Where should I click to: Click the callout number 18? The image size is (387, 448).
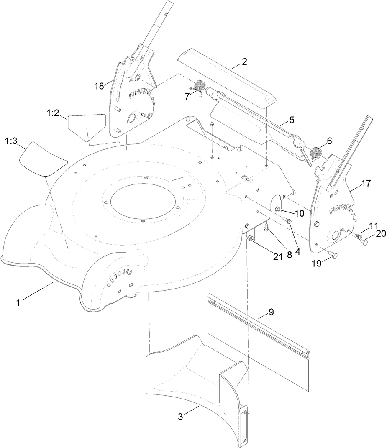pos(99,86)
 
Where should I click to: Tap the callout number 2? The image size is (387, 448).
pos(244,62)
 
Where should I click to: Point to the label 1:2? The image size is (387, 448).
pos(53,113)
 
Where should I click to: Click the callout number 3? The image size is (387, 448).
pos(180,417)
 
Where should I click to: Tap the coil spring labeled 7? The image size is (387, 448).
pos(200,87)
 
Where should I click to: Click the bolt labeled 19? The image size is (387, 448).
pos(333,253)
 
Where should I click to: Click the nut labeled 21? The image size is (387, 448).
pos(251,238)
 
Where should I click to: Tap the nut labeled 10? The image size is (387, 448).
pos(278,209)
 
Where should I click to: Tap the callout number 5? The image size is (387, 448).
pos(292,120)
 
